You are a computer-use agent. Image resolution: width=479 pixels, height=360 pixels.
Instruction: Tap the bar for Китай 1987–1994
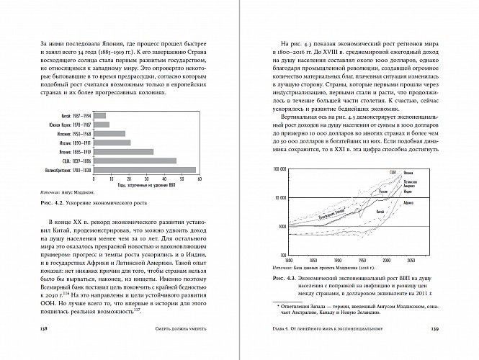point(100,115)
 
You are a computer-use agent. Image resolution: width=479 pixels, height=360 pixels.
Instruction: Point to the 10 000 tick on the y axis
point(280,197)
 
